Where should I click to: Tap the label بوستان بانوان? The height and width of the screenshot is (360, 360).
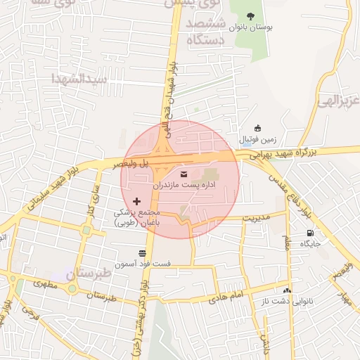coord(252,28)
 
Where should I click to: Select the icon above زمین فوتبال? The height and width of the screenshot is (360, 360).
coord(257,128)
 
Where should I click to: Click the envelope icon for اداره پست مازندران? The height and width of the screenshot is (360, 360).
coord(184,174)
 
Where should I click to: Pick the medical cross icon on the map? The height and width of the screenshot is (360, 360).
coord(136,202)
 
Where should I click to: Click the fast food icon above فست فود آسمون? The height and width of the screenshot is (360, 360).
coord(143,252)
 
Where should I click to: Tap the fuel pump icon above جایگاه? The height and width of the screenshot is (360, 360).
coord(310,233)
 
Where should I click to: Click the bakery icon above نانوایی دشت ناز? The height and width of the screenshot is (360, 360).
coord(286,290)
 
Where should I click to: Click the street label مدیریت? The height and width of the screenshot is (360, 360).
coord(256,217)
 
